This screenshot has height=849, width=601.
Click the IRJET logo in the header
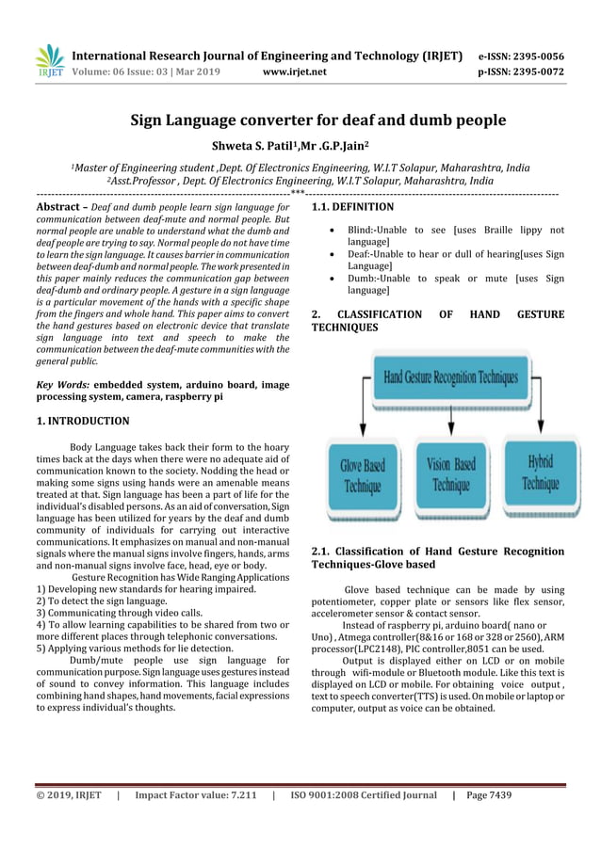(48, 60)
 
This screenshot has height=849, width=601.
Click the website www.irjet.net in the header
(296, 71)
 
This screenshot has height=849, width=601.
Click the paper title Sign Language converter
(317, 120)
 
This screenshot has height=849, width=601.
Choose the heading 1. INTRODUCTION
(83, 421)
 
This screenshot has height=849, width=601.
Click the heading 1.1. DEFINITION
(352, 206)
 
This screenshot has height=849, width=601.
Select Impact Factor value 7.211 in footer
(195, 795)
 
